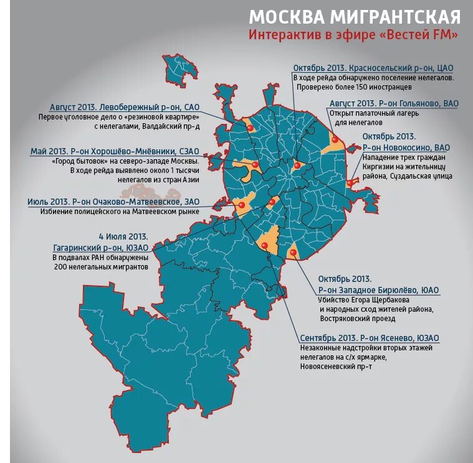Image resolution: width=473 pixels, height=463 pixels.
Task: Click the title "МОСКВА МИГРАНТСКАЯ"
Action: tap(355, 16)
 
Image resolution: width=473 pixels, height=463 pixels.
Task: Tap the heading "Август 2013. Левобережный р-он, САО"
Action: tap(124, 106)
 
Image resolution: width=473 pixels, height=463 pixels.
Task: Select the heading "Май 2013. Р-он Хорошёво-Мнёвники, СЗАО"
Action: tap(115, 151)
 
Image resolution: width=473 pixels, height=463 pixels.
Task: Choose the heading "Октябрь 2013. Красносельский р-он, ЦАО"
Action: tap(373, 68)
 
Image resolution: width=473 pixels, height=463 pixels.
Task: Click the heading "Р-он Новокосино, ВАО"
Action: tap(406, 147)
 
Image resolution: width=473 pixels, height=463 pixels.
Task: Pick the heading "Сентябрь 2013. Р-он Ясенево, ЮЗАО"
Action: tap(370, 337)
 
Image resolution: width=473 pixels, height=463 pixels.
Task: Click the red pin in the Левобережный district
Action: tap(250, 127)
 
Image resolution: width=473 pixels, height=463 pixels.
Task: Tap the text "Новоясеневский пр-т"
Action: tap(337, 367)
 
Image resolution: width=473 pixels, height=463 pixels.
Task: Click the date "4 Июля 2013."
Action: tap(123, 236)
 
